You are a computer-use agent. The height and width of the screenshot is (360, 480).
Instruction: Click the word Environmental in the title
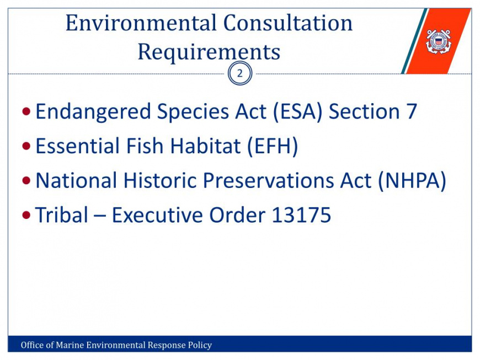point(141,23)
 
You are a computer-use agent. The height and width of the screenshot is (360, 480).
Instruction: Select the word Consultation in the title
point(288,23)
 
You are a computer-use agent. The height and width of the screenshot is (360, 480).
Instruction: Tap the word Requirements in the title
point(209,52)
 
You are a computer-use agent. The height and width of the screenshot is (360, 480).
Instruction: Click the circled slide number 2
point(240,73)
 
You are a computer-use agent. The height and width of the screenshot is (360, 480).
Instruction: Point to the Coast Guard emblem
point(439,41)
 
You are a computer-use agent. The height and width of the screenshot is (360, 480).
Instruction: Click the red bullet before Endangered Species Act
point(26,112)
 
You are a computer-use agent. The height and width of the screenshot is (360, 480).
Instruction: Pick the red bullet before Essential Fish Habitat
point(26,146)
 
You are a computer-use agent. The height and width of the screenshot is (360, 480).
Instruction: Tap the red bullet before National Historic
point(26,180)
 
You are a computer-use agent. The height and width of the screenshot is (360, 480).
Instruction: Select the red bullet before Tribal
point(26,215)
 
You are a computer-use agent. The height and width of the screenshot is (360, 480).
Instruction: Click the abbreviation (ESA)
point(297,112)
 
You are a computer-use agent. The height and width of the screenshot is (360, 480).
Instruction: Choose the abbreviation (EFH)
point(273,146)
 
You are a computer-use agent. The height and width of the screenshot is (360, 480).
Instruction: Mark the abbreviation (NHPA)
point(412,181)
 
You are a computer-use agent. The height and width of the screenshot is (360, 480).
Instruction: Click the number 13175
point(301,214)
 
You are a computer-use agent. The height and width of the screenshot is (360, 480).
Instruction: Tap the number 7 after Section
point(412,111)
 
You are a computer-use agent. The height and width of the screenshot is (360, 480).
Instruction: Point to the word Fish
point(145,146)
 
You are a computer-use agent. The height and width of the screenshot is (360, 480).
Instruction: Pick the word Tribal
point(62,214)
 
